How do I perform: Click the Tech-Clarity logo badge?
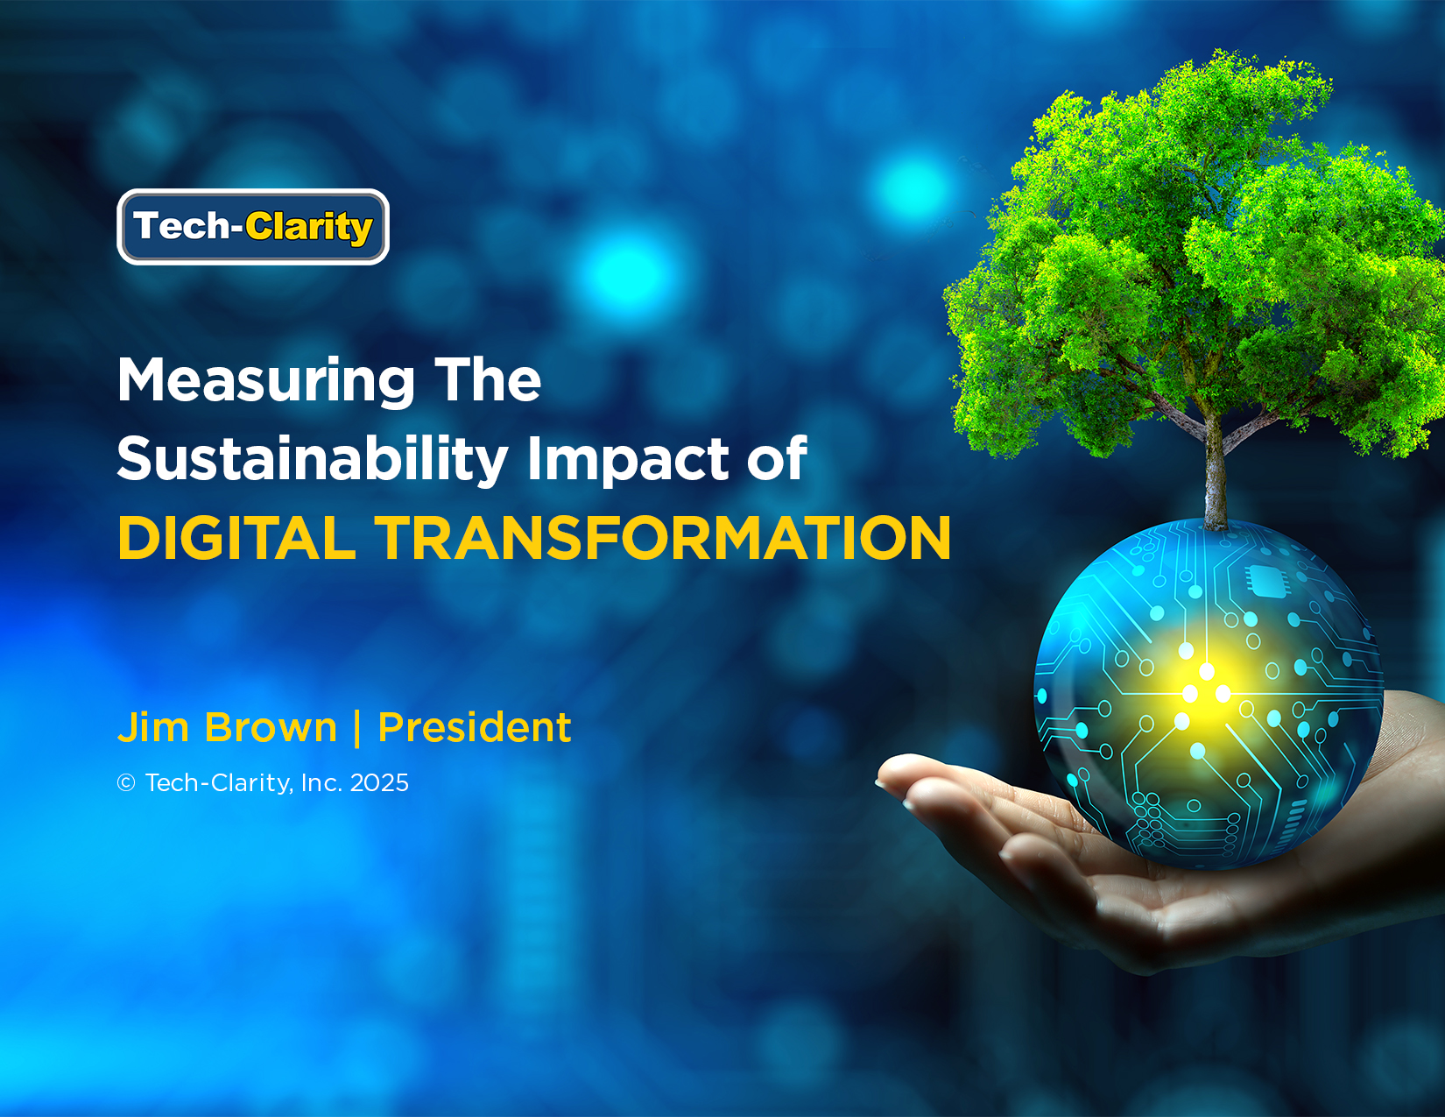coord(253,227)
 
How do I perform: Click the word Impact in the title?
coord(629,460)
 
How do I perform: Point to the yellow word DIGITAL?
coord(236,538)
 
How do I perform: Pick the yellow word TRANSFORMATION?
coord(662,538)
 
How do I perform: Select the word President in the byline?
coord(474,727)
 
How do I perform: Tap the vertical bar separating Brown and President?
coord(358,729)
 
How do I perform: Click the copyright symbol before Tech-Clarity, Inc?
coord(126,783)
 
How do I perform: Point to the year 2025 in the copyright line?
coord(379,783)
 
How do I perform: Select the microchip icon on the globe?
coord(1266,579)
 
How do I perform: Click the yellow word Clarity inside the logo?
coord(308,228)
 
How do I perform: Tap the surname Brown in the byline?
coord(271,727)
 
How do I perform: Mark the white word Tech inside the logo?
coord(181,225)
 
